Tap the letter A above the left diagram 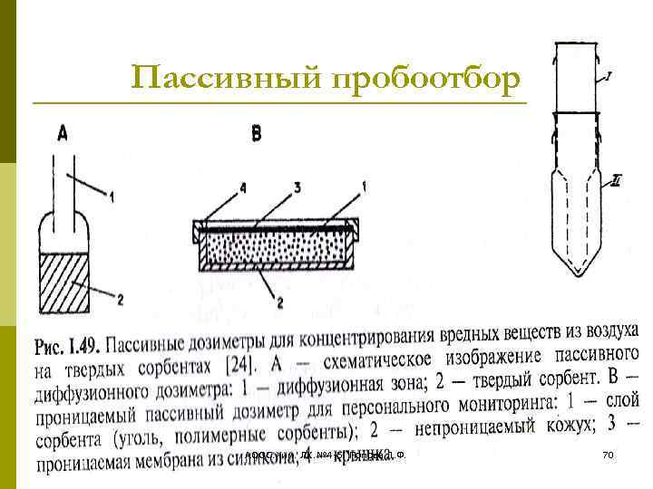(x=62, y=134)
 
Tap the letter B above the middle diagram (x=256, y=134)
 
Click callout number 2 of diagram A (x=121, y=299)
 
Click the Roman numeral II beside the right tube (x=617, y=181)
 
